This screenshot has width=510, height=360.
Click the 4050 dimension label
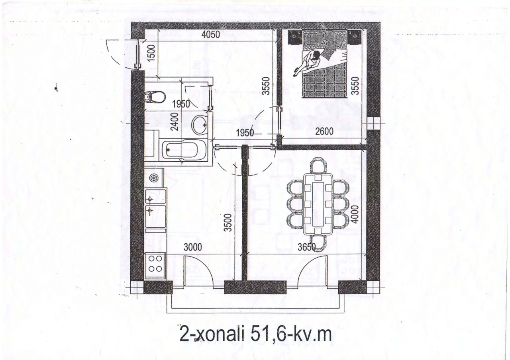211,35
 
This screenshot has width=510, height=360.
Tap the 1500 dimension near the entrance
151,53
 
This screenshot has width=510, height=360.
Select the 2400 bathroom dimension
175,122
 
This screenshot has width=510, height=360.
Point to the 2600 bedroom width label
324,131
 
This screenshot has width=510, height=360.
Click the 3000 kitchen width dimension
193,247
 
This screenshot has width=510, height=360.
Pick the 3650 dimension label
307,247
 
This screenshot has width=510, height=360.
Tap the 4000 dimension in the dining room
355,214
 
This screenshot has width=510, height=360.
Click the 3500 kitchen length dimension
228,223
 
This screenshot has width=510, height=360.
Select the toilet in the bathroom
155,98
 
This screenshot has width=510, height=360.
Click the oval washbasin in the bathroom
200,125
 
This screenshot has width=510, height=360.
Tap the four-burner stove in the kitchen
155,266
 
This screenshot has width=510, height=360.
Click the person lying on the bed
308,63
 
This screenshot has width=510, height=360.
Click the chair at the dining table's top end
318,166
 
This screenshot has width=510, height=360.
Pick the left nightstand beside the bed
295,37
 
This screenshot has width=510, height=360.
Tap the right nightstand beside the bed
354,37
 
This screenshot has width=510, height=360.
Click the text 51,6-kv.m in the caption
291,334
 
